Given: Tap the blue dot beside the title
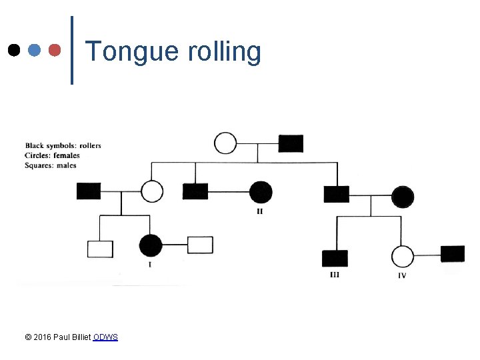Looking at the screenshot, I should tap(35, 50).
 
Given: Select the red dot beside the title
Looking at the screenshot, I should tap(56, 50).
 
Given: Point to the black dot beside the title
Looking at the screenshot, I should tap(13, 50).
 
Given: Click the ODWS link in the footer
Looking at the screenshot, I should tap(105, 337).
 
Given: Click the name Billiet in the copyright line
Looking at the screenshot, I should tap(80, 337).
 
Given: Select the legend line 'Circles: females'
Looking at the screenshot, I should tap(52, 155).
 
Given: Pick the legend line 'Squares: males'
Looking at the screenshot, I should tap(51, 165).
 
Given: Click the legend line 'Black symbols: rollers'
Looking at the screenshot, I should tap(63, 145).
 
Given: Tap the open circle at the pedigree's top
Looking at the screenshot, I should tap(225, 143).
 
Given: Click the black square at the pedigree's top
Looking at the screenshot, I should tap(291, 143).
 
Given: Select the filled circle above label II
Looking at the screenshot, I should tap(261, 192).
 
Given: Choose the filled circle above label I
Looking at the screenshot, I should tap(151, 245).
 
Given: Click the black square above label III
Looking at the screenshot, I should tap(335, 257).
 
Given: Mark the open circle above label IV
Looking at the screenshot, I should tap(402, 256).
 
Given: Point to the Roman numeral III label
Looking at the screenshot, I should tap(335, 275).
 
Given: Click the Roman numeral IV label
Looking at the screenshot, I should tap(402, 275).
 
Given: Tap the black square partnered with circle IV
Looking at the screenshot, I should tap(453, 253).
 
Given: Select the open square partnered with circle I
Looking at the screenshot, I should tap(200, 245).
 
